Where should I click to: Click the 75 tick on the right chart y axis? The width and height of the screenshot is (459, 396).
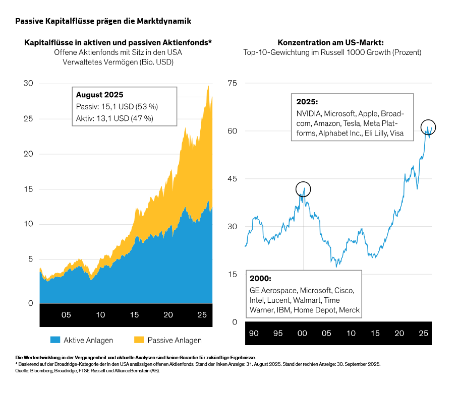click(x=233, y=83)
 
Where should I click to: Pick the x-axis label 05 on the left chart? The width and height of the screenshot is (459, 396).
click(x=67, y=315)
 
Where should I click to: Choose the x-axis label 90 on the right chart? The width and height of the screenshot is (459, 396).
click(x=254, y=334)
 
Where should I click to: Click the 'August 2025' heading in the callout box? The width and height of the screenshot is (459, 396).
click(x=99, y=95)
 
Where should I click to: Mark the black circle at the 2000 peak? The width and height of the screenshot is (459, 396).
click(x=303, y=189)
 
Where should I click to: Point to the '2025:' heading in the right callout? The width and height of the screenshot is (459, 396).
click(x=307, y=101)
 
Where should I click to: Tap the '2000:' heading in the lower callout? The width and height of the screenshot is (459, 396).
click(x=261, y=278)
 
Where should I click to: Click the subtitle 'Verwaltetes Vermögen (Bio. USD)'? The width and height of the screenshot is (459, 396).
click(x=118, y=62)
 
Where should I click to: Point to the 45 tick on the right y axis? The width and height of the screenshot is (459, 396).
click(x=233, y=179)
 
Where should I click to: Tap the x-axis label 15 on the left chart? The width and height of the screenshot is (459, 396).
click(x=134, y=315)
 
